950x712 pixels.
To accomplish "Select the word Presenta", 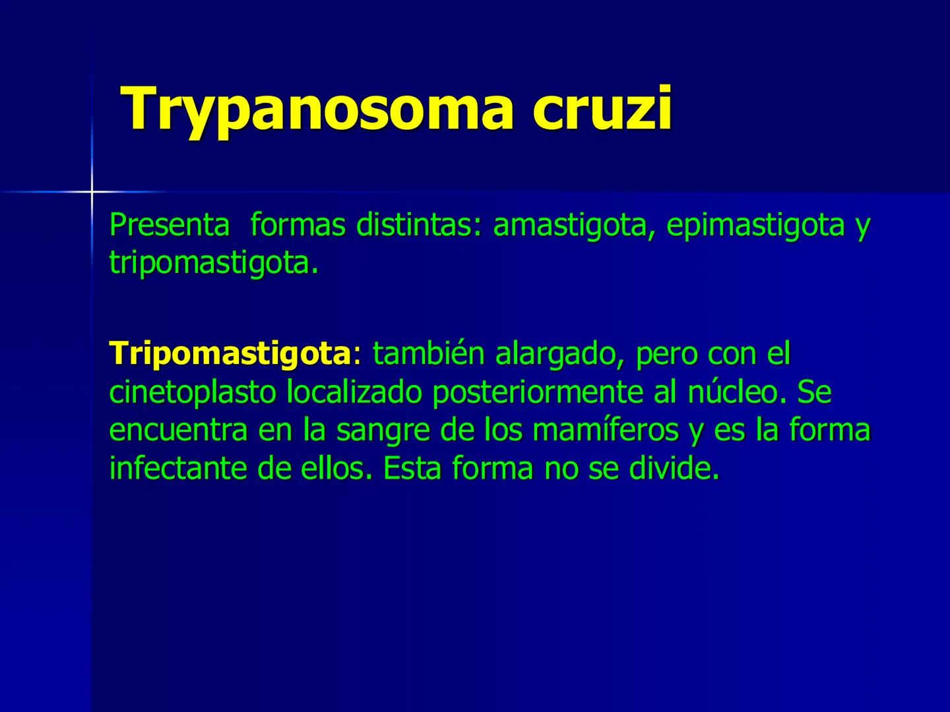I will (x=170, y=225).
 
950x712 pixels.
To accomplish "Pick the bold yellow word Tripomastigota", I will (x=230, y=354).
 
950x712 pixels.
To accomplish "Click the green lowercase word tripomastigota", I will (x=209, y=264).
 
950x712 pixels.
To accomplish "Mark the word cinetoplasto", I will (x=193, y=392).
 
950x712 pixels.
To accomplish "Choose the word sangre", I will (x=379, y=430).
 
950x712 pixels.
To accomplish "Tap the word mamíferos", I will (x=605, y=430).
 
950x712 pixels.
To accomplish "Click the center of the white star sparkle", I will (x=92, y=192).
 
